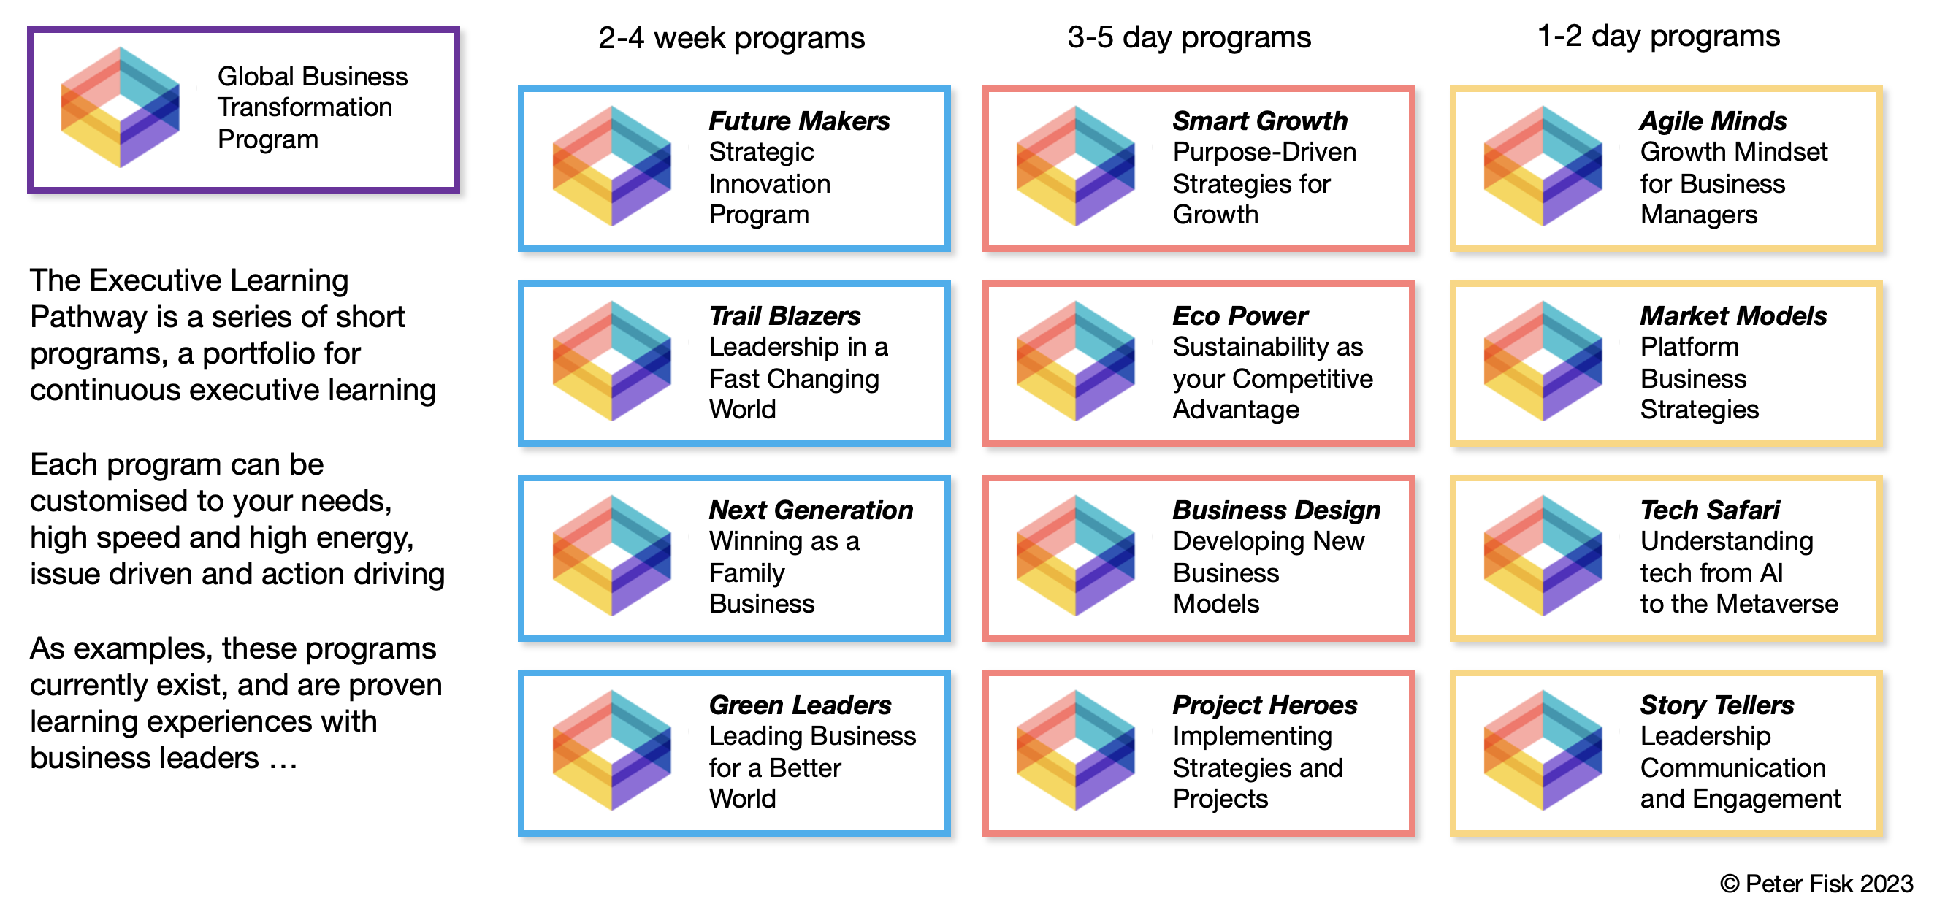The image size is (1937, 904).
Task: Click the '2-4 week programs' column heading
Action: (731, 37)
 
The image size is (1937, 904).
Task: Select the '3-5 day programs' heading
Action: (1189, 37)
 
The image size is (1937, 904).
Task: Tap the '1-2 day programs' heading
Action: (1658, 36)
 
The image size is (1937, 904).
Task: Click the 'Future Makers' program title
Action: (799, 121)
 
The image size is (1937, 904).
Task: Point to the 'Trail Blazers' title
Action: (785, 315)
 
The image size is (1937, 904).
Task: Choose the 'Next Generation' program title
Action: (811, 510)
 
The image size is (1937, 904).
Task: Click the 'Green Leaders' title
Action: (800, 705)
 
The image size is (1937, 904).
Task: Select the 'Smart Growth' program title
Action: (1260, 121)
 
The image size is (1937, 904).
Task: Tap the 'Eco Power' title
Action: (1240, 315)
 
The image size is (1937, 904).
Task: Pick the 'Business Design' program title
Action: (1277, 510)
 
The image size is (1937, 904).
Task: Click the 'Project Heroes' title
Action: (1266, 705)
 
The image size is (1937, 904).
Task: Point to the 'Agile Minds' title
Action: (1713, 121)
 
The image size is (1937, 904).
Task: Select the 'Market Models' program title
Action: (1733, 315)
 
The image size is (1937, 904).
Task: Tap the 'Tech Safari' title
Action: (1710, 510)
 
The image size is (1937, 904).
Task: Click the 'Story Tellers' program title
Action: (1717, 705)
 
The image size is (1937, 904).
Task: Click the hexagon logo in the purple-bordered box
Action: (121, 107)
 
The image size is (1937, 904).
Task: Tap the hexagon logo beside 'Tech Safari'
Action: (1543, 556)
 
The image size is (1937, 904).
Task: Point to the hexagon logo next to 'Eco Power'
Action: (1075, 361)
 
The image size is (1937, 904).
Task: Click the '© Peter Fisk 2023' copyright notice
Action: (1816, 884)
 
